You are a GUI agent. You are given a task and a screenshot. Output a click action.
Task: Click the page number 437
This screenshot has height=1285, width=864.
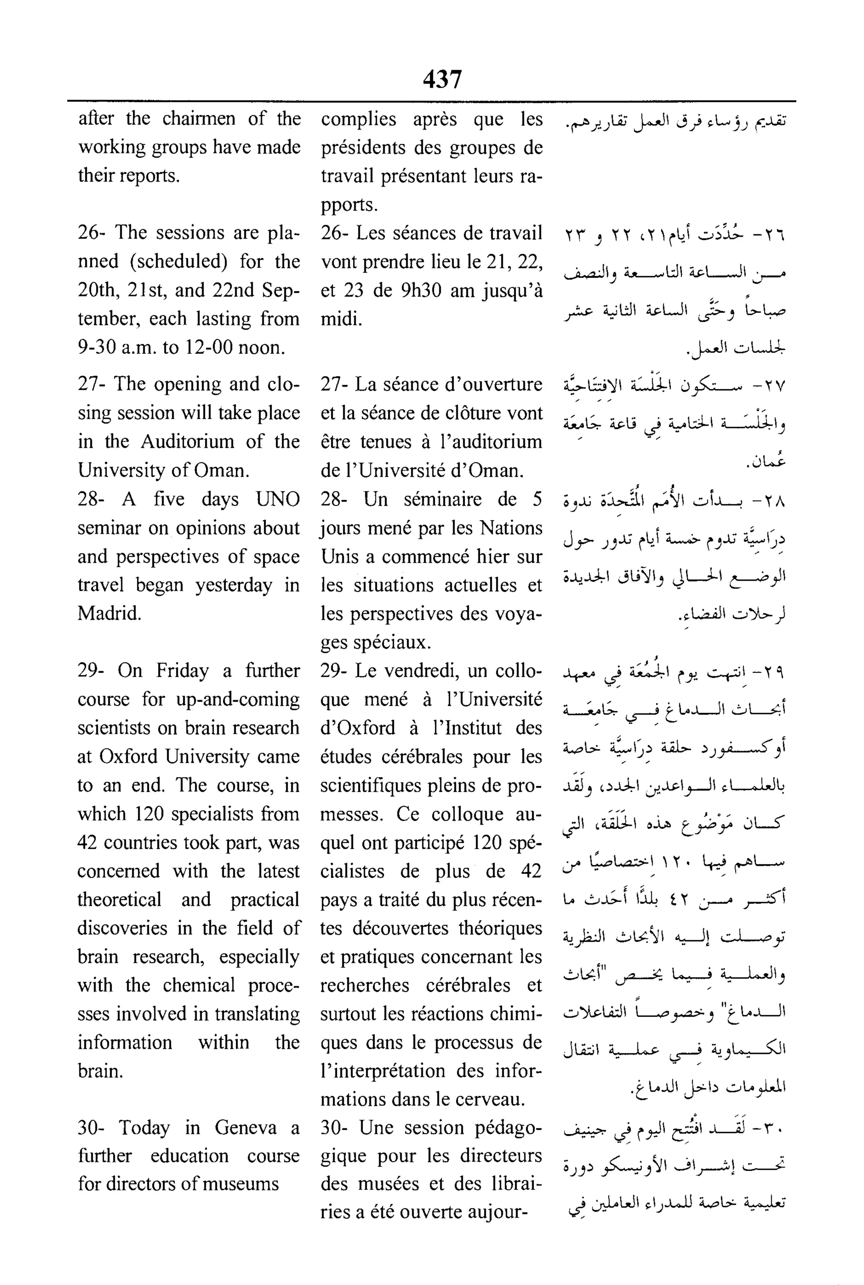pos(442,79)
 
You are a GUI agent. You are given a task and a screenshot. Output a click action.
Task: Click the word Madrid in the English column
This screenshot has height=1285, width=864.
pos(109,613)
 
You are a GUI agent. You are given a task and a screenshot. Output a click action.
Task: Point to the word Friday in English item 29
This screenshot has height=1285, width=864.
pos(182,670)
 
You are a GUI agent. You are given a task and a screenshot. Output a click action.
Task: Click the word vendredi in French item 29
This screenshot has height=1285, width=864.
pos(421,670)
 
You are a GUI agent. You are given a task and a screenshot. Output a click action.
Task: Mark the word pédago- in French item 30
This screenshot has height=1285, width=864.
pos(501,1128)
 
